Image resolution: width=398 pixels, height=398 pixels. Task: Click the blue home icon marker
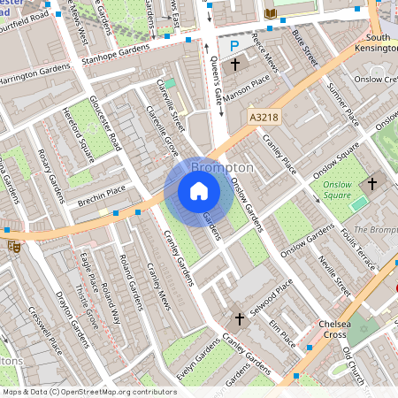[x=199, y=191]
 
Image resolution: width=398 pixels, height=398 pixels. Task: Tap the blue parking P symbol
[x=234, y=45]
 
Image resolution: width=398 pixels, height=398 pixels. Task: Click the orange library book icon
[x=271, y=13]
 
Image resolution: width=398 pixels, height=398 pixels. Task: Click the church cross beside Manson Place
[x=235, y=65]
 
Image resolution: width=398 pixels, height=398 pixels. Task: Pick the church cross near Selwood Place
[x=239, y=318]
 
